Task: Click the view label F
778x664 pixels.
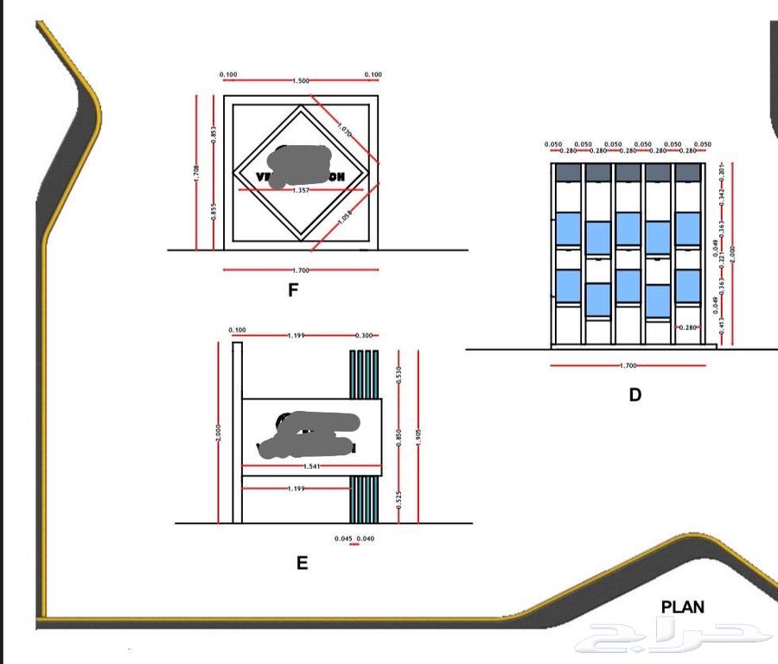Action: [x=293, y=291]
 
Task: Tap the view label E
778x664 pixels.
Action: [x=302, y=563]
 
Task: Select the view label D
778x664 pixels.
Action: [x=635, y=395]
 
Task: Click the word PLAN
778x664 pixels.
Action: [x=682, y=607]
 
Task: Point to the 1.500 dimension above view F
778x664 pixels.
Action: [x=301, y=81]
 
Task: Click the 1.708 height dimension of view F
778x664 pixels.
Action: [x=197, y=173]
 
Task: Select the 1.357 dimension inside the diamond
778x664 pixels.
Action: [x=301, y=190]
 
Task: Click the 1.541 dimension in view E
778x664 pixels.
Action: [x=312, y=467]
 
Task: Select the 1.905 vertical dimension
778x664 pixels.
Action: [x=419, y=436]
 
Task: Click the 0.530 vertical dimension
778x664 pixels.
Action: [x=399, y=375]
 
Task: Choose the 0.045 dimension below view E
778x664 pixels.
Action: [x=344, y=539]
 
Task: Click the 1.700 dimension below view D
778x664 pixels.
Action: [x=628, y=366]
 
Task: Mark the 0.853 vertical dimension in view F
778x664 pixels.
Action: [x=214, y=136]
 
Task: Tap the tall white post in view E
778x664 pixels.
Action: [x=238, y=432]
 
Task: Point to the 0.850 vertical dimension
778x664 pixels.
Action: [x=399, y=438]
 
